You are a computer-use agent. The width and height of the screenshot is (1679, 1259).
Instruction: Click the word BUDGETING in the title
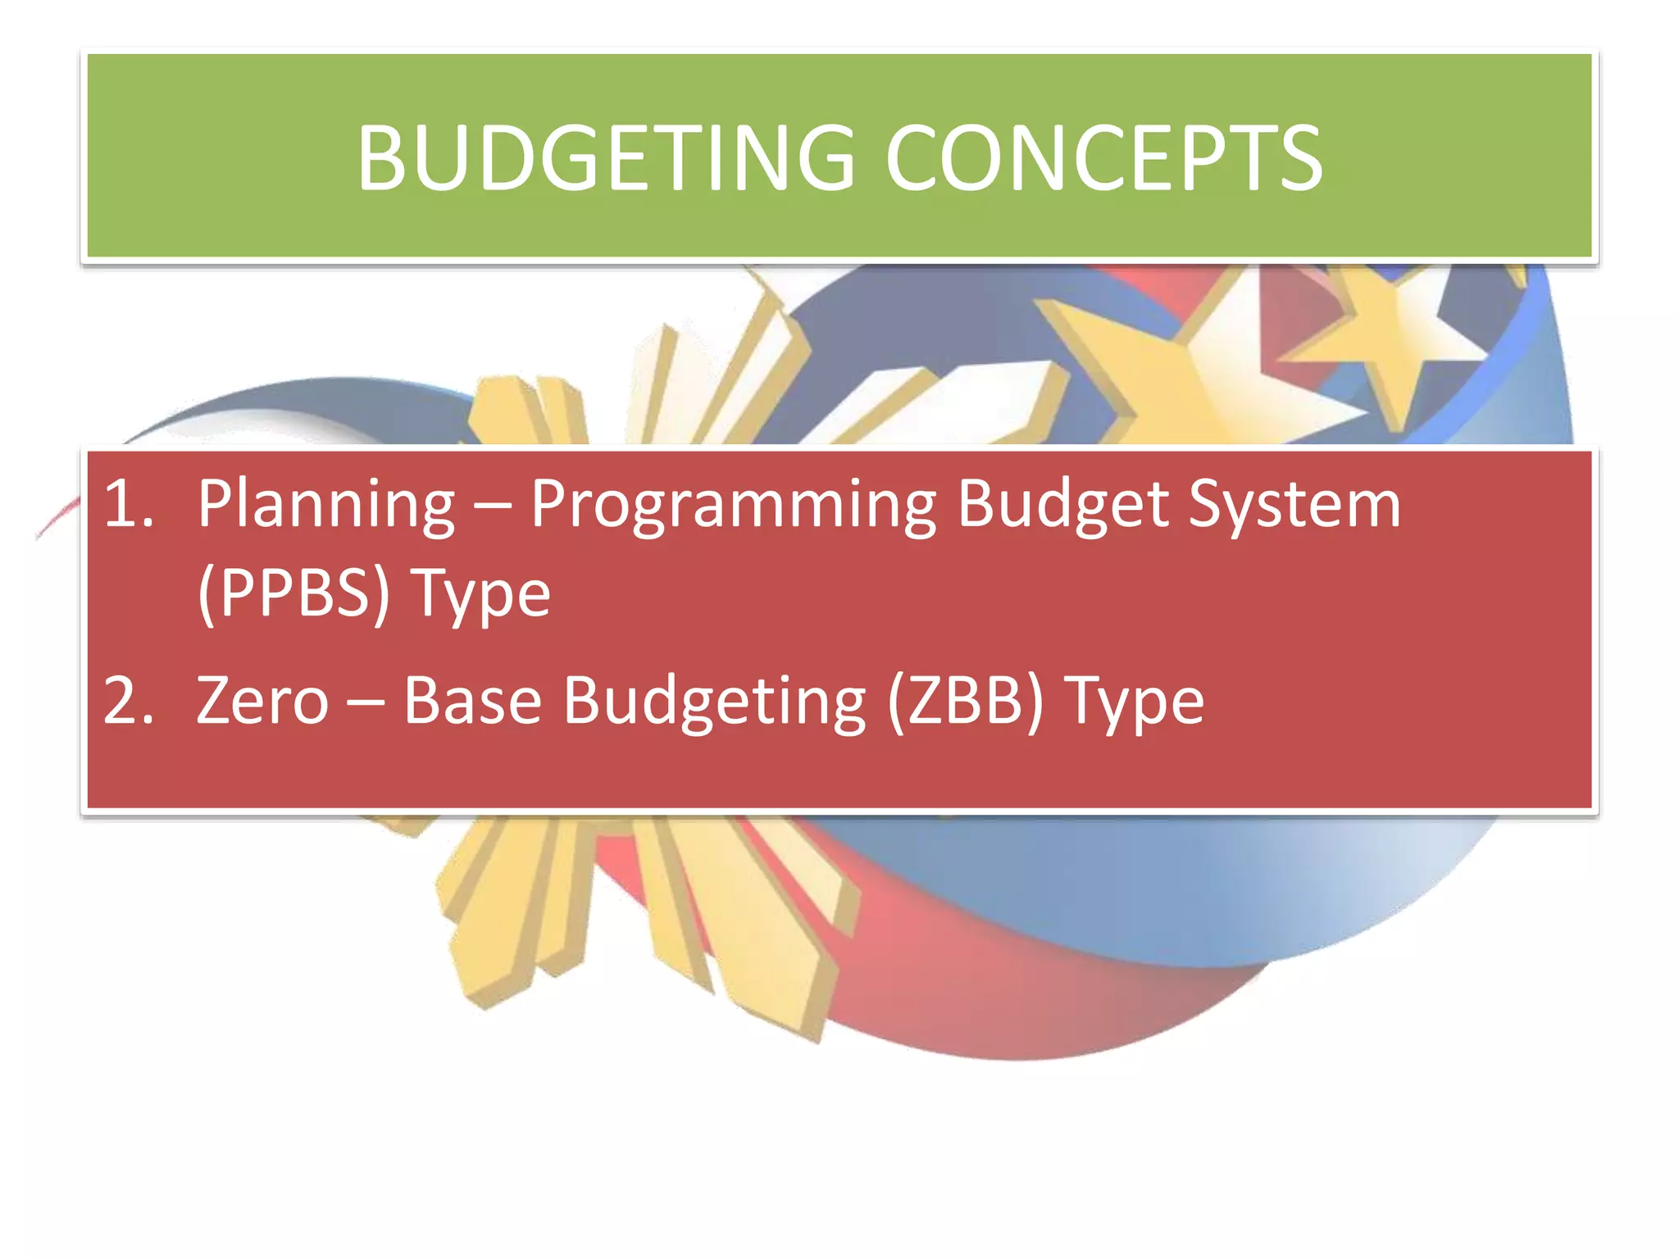606,158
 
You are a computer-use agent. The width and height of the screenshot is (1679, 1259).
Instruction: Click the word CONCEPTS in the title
1103,158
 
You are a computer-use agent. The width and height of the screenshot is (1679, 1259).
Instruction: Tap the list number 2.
129,701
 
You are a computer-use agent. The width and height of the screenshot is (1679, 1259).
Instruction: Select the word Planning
325,506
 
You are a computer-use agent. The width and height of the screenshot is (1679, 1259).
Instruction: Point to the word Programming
733,506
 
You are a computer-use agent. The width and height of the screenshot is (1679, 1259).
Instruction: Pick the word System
1295,506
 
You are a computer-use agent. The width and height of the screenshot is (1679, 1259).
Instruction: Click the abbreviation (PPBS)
293,593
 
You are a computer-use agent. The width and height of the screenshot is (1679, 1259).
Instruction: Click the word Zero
262,701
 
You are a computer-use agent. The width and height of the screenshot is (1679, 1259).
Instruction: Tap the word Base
473,701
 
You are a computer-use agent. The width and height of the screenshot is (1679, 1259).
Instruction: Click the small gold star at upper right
1386,336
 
